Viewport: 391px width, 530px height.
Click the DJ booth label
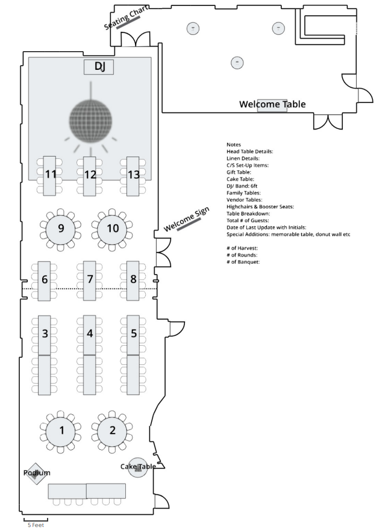[x=99, y=67]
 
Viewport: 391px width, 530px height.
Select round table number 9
[x=60, y=228]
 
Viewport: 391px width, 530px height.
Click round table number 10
[x=112, y=228]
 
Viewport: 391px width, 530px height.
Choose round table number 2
[x=112, y=430]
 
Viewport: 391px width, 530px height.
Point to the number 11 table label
[x=51, y=175]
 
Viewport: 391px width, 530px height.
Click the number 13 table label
[x=134, y=175]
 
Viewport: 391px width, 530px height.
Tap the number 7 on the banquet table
[x=90, y=279]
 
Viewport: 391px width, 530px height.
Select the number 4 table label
[x=90, y=333]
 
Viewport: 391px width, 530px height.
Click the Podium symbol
[x=36, y=473]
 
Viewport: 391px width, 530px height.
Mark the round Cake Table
[x=138, y=467]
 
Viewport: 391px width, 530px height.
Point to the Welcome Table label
[x=272, y=105]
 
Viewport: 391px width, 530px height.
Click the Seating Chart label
[x=127, y=18]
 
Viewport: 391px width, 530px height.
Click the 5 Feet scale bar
[x=36, y=519]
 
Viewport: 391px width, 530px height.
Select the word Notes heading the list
[x=234, y=145]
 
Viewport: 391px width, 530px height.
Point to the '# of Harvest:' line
[x=243, y=248]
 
